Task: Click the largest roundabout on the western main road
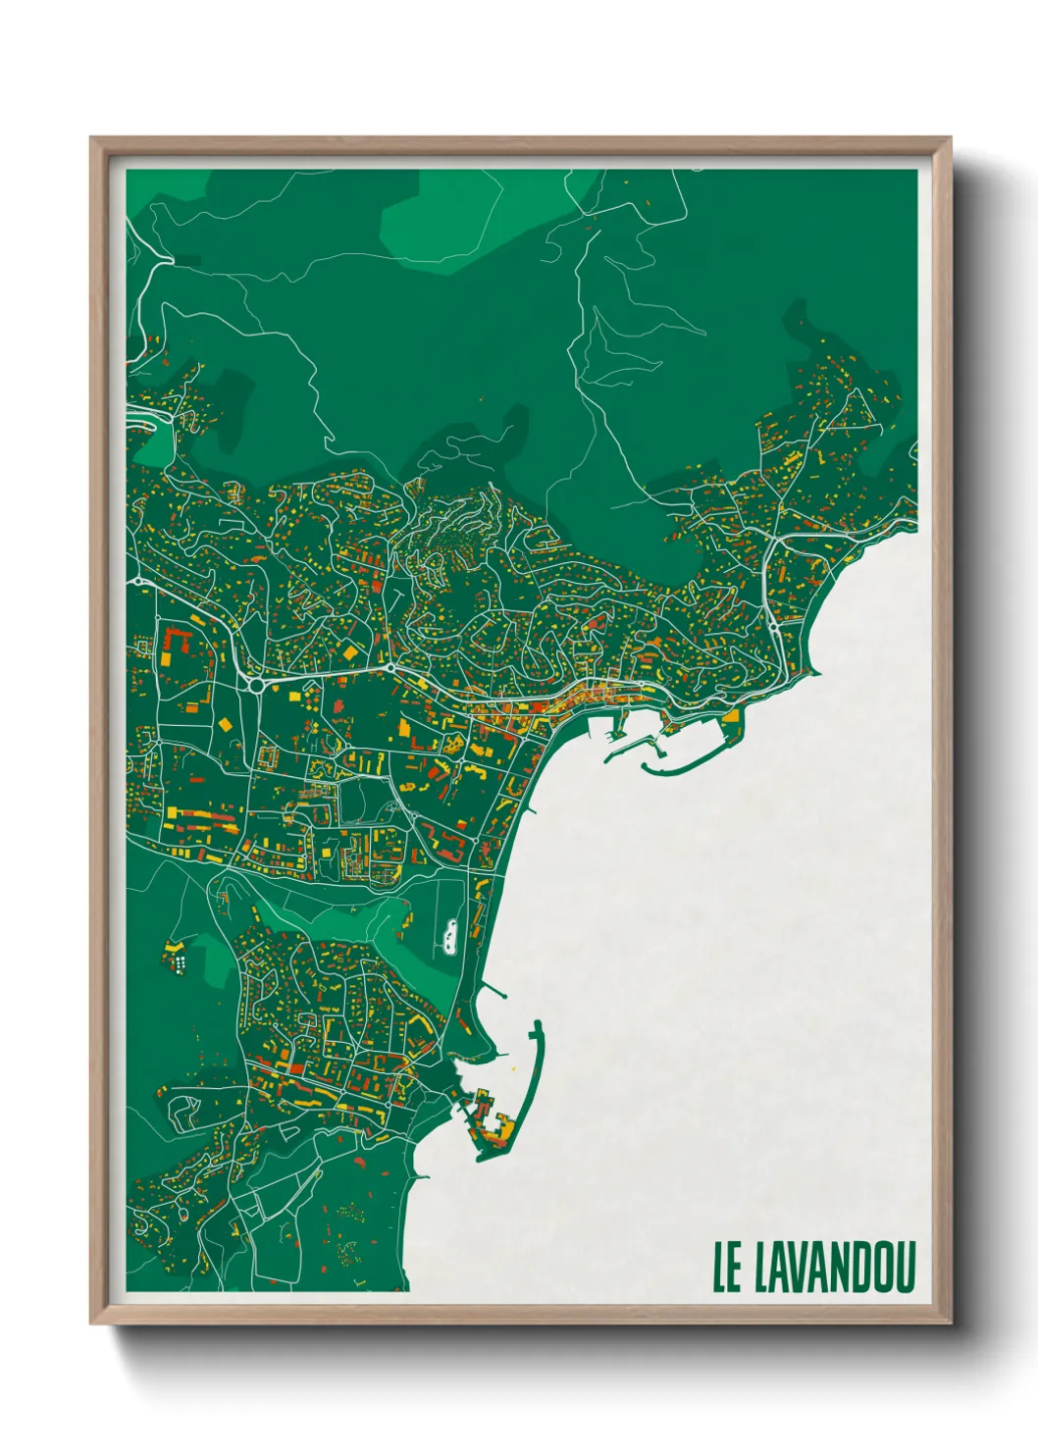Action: [x=256, y=685]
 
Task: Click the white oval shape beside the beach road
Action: [x=449, y=937]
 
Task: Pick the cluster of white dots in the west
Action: [x=181, y=962]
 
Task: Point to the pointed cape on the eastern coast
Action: [x=816, y=673]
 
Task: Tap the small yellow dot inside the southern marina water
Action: [x=511, y=1066]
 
